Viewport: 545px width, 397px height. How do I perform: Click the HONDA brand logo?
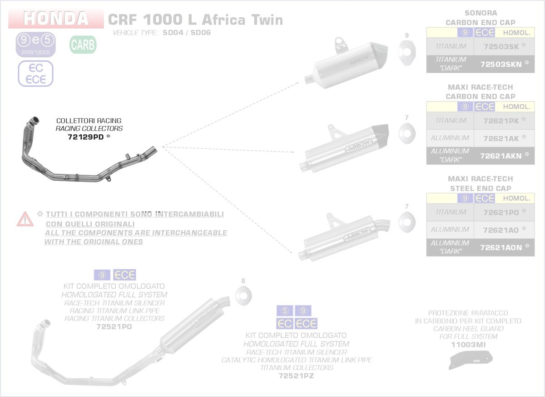pos(56,19)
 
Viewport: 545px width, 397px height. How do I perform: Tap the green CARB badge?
pos(83,45)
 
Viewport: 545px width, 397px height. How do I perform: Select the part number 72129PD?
pos(86,136)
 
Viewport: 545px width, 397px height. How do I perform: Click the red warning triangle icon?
pos(25,219)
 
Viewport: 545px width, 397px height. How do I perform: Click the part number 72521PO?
pos(114,327)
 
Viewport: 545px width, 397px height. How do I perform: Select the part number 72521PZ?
pos(296,376)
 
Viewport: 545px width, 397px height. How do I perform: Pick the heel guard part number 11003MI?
pos(468,345)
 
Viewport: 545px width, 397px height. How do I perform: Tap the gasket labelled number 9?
pos(406,51)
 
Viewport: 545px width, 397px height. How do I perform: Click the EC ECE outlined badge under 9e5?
pos(35,74)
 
